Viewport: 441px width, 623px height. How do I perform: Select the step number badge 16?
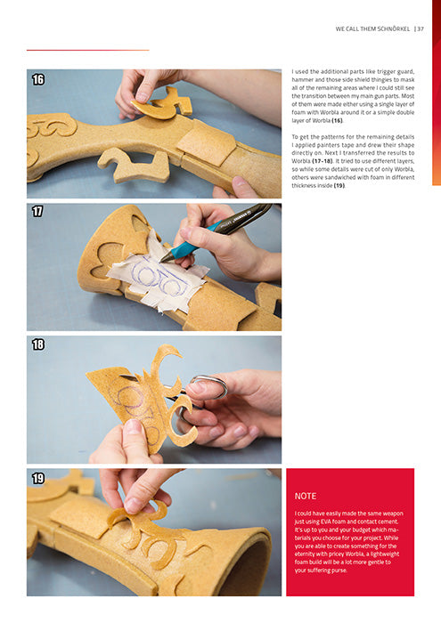coord(38,80)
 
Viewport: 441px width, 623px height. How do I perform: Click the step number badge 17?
coord(38,212)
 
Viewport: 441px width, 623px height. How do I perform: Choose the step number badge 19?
coord(38,479)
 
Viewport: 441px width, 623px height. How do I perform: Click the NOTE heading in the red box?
coord(306,496)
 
